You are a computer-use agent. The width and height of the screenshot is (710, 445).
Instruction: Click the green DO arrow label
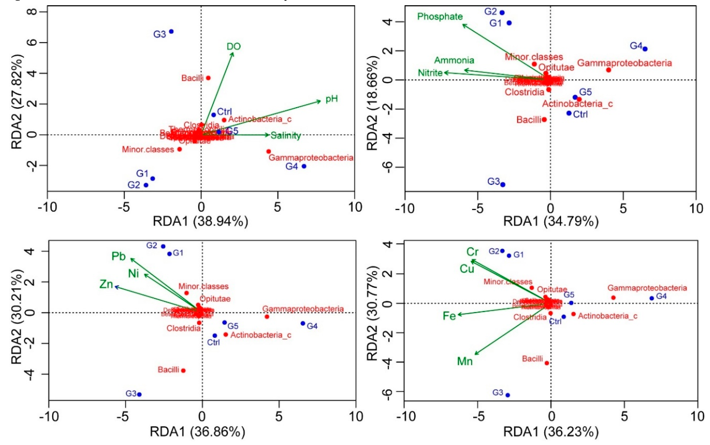click(x=233, y=47)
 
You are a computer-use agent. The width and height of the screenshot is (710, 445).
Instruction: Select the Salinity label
click(x=286, y=136)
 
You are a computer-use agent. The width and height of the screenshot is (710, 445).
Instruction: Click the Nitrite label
click(x=430, y=73)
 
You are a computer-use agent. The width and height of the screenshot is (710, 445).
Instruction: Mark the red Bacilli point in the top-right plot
click(x=544, y=119)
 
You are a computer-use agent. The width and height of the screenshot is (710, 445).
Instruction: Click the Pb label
click(x=118, y=256)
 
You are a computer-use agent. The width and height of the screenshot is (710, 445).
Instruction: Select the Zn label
click(x=106, y=284)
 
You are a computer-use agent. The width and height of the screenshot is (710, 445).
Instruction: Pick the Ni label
click(x=133, y=273)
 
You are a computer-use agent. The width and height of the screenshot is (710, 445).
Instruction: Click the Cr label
click(x=472, y=252)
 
